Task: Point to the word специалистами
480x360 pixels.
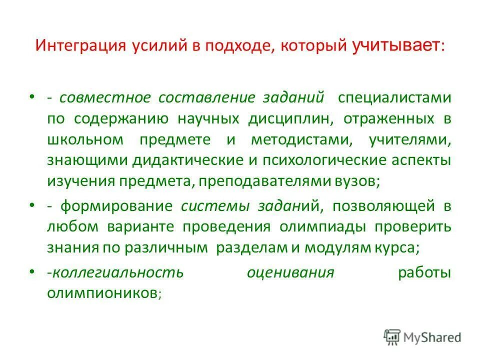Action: (394, 97)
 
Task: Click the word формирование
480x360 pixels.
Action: (117, 206)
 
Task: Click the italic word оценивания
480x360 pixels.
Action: (290, 272)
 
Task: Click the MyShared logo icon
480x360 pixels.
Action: (393, 337)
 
